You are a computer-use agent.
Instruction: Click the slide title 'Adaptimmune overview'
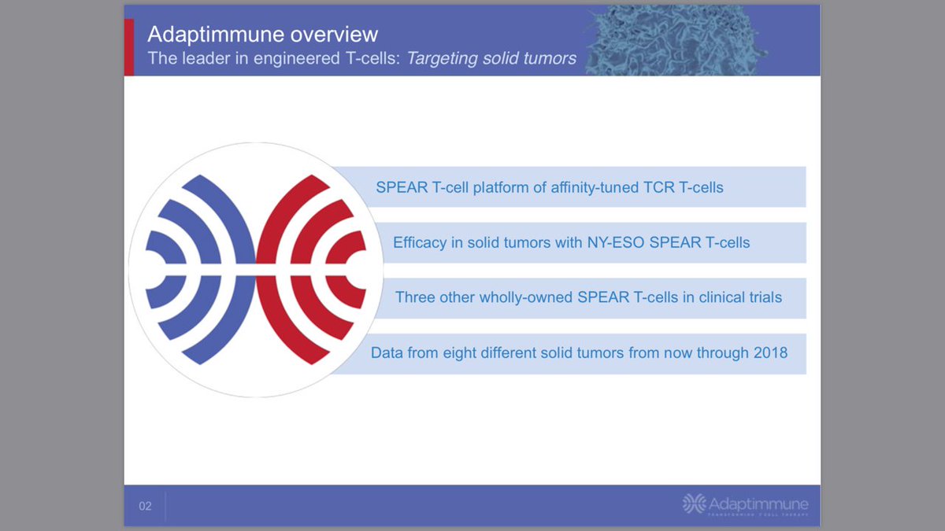(x=263, y=35)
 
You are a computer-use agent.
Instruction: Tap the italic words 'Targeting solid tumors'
(x=491, y=58)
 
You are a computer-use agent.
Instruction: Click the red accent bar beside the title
(x=129, y=47)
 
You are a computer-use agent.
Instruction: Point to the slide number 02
(x=145, y=506)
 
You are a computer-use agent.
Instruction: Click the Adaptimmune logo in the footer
(x=745, y=504)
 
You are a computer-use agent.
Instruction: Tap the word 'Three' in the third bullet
(x=415, y=297)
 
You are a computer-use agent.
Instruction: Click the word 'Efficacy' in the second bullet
(x=420, y=242)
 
